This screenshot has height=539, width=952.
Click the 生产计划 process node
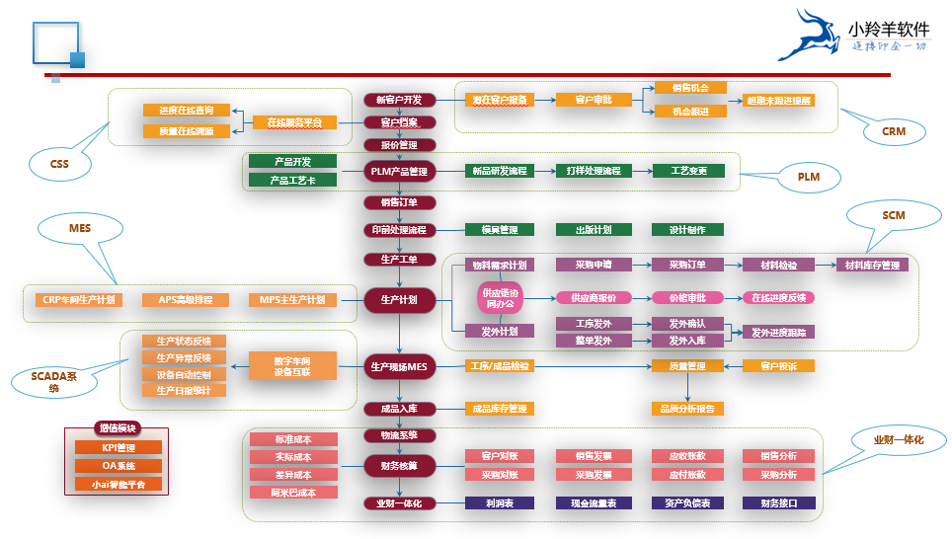(399, 299)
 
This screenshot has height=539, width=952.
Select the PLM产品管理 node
(399, 171)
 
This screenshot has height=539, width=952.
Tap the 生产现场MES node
(399, 367)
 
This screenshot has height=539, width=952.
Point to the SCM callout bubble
(893, 215)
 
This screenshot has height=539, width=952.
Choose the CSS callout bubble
(59, 164)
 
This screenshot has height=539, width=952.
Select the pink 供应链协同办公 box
(499, 298)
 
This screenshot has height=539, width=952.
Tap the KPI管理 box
(119, 447)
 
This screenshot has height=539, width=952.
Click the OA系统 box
(119, 465)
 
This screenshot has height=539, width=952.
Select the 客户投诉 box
(778, 366)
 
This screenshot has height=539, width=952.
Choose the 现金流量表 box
(595, 502)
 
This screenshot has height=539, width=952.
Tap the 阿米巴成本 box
(293, 492)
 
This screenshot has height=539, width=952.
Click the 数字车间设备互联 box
(292, 366)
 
